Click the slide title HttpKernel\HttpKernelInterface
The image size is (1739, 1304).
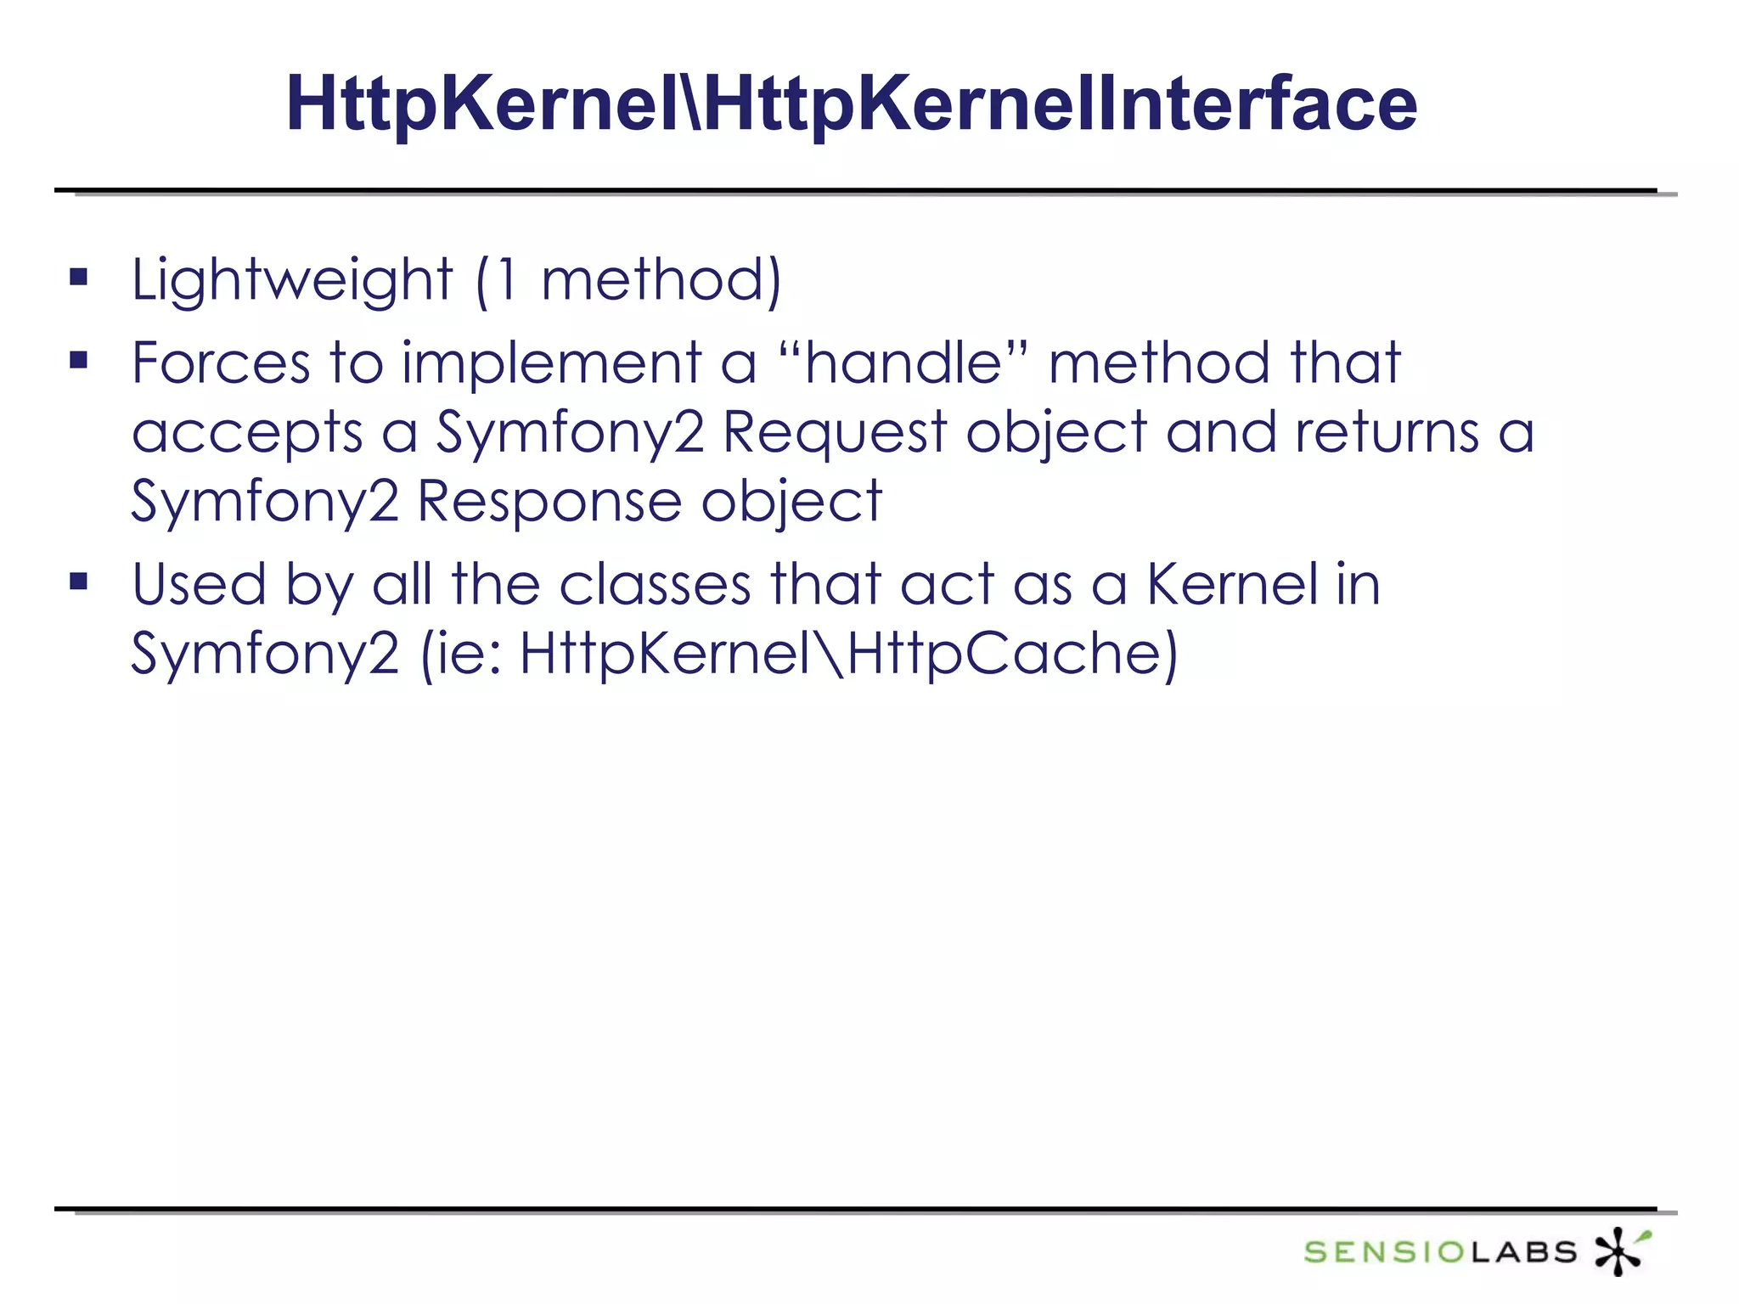[851, 104]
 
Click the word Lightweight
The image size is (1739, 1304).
[292, 280]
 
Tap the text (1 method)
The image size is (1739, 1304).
[628, 280]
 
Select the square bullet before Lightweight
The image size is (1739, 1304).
[79, 278]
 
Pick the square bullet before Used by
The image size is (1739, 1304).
[79, 582]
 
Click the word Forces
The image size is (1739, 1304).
[221, 363]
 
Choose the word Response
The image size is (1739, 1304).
[549, 503]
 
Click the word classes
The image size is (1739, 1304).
[655, 585]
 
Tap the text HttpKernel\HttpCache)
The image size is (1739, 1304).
[848, 654]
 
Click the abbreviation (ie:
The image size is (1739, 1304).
[464, 654]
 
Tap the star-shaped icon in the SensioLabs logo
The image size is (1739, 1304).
[1620, 1251]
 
